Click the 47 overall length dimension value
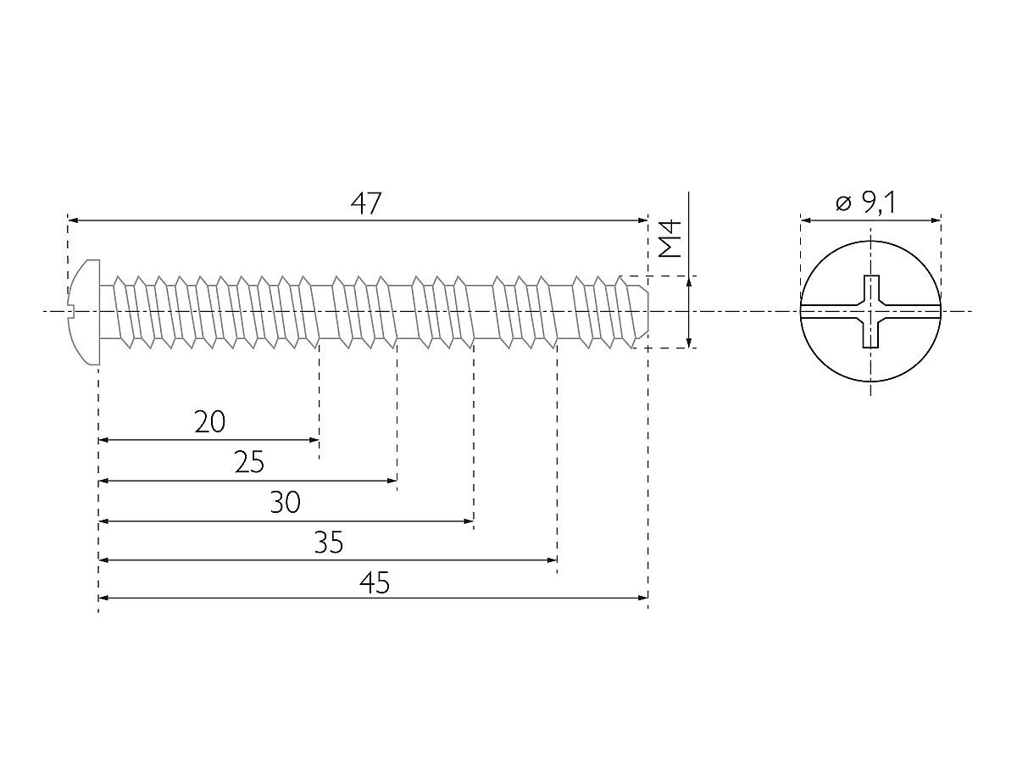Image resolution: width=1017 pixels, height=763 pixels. (366, 203)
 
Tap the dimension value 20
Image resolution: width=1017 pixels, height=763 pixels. (210, 422)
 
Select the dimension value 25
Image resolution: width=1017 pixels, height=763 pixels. (249, 462)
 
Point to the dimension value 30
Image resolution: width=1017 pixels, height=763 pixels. (285, 502)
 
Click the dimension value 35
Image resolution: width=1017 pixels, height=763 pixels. (329, 542)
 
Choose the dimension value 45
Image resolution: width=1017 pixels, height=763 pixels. (375, 582)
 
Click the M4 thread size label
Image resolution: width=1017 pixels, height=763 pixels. (670, 238)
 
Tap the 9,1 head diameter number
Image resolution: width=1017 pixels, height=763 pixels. (879, 203)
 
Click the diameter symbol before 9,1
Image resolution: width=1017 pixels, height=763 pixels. (844, 203)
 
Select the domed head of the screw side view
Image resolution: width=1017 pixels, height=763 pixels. (86, 312)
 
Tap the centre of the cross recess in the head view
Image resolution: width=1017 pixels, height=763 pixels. (870, 311)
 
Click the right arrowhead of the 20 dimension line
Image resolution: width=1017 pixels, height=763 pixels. (314, 440)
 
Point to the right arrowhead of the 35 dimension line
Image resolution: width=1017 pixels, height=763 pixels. (552, 560)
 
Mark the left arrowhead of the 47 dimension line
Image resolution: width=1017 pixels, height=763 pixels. (73, 220)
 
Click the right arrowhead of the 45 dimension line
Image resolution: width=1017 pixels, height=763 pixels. (642, 598)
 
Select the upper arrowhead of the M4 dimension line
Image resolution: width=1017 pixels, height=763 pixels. (689, 281)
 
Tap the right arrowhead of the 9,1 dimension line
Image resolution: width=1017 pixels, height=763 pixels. (936, 220)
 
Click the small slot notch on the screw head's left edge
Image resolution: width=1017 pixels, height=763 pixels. (71, 311)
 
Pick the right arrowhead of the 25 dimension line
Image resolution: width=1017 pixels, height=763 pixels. (392, 481)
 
